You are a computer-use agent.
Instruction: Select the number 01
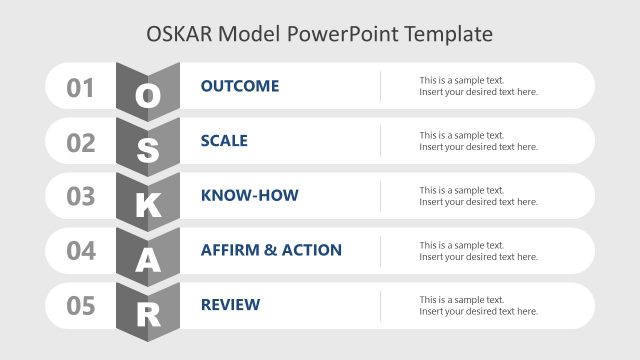pos(81,88)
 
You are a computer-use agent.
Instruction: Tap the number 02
pos(81,143)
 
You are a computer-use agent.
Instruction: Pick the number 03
pos(81,197)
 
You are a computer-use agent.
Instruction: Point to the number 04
pos(81,251)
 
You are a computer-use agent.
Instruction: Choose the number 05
pos(81,305)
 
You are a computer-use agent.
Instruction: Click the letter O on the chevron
pos(148,96)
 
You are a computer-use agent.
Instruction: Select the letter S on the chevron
pos(148,151)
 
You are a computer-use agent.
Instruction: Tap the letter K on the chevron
pos(148,206)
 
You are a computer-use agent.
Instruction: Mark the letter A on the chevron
pos(148,260)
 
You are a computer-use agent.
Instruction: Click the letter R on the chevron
pos(148,315)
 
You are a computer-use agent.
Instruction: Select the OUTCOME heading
pos(240,86)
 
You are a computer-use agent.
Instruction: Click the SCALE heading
pos(224,141)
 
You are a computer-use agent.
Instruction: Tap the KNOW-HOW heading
pos(249,195)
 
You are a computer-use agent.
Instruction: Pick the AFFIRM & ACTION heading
pos(271,250)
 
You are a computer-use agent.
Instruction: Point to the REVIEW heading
pos(230,304)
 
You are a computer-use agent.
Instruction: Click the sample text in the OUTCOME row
pos(478,86)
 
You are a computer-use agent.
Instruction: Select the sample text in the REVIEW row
pos(478,305)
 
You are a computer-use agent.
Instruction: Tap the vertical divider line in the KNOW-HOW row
pos(380,196)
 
